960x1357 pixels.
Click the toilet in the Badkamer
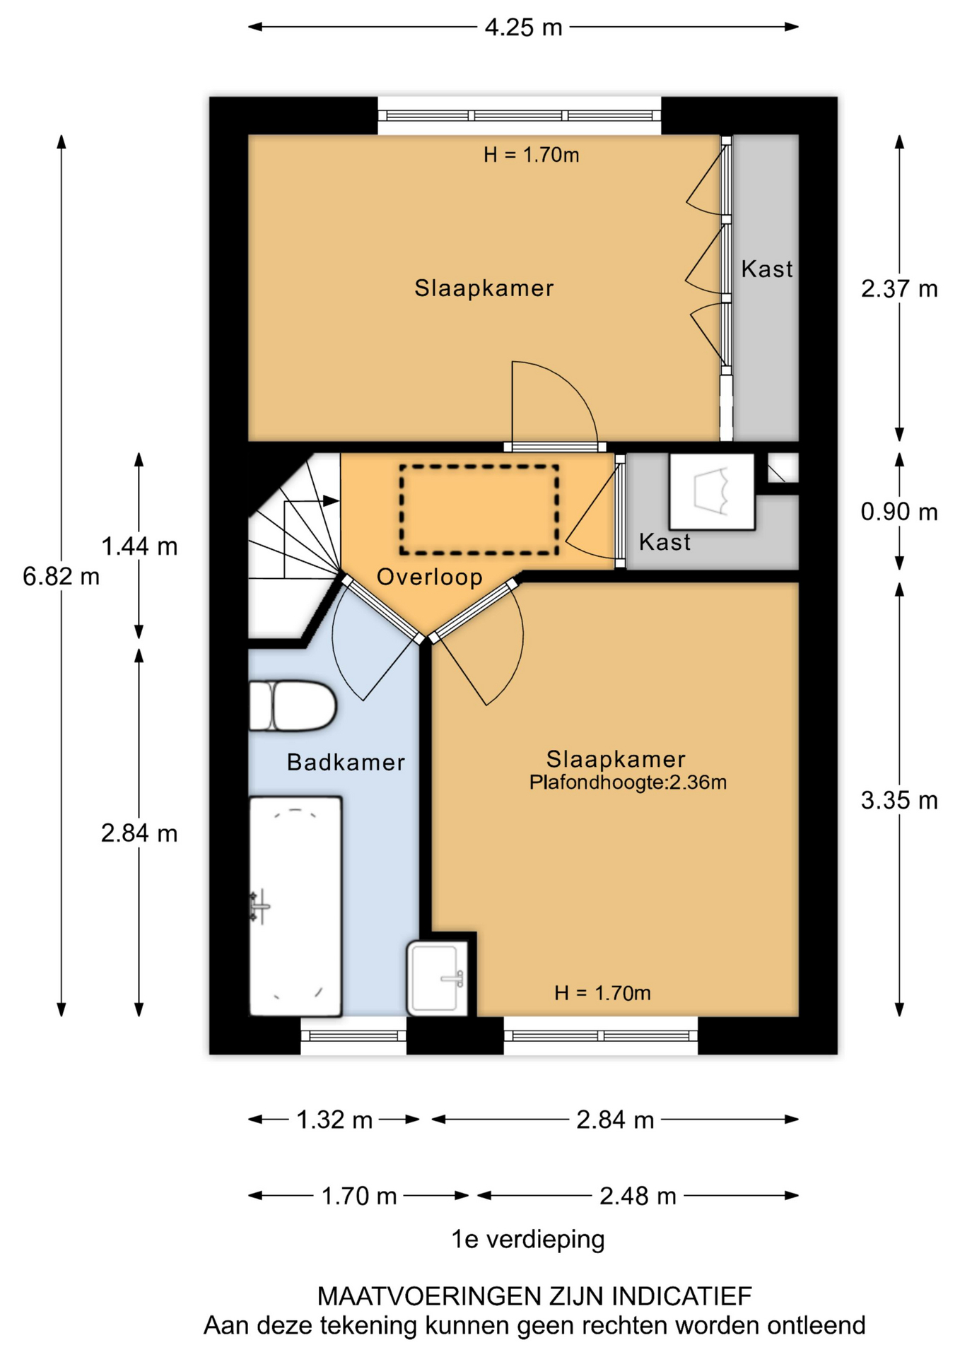293,705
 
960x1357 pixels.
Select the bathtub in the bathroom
295,906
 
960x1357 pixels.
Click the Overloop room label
430,577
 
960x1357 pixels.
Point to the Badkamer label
346,762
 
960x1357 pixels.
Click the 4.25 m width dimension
523,27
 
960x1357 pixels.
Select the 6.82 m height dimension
61,577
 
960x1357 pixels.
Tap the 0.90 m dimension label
899,512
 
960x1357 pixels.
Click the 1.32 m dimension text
334,1120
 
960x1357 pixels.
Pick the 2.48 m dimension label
638,1196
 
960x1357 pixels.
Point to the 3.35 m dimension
899,800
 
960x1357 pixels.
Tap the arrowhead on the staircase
331,500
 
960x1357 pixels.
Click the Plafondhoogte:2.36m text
628,782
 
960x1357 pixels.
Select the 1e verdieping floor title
528,1240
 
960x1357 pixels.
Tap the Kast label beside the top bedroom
767,269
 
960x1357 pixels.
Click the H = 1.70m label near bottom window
602,993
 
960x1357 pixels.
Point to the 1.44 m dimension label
139,546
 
